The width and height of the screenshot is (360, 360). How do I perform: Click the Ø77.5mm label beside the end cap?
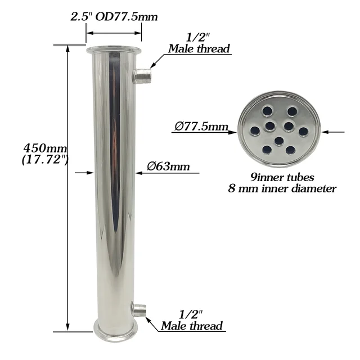point(200,127)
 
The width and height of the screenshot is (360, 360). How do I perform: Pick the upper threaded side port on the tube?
point(142,75)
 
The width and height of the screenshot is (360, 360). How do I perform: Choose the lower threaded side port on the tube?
point(138,309)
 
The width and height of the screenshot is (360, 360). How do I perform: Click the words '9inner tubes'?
point(287,178)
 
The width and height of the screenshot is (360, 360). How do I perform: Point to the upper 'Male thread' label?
point(199,49)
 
